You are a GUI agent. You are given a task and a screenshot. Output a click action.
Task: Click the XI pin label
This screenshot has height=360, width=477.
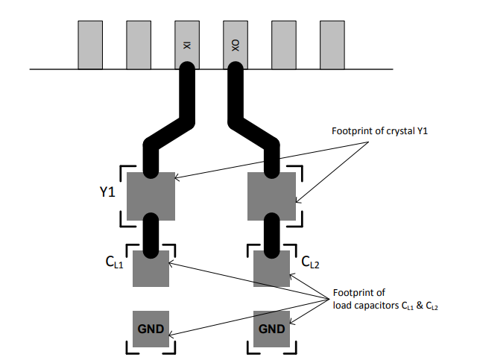[x=187, y=45]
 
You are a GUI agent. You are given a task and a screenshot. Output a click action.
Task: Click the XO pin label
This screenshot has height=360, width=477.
[x=236, y=45]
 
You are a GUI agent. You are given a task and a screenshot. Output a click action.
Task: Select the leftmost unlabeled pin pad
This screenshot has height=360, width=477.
[x=90, y=45]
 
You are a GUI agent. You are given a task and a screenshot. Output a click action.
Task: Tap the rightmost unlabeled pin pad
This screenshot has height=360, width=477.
[x=332, y=45]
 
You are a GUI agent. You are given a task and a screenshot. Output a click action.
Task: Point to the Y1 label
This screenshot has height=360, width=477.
[x=107, y=192]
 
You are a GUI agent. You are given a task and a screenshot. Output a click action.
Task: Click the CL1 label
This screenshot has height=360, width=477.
[x=114, y=262]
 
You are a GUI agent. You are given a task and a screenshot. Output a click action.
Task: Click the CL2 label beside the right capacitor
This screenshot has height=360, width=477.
[x=310, y=262]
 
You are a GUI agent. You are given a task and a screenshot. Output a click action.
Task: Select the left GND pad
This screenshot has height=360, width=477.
[x=151, y=329]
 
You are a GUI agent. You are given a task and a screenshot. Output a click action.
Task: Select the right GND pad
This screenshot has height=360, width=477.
[x=271, y=329]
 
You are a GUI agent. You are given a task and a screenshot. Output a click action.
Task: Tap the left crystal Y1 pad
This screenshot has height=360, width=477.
[x=151, y=196]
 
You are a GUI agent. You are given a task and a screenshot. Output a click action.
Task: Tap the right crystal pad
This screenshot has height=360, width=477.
[x=271, y=196]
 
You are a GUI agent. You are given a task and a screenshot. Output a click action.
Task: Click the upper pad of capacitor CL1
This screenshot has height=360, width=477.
[x=151, y=268]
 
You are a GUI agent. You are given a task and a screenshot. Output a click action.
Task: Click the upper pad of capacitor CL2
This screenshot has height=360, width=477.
[x=271, y=268]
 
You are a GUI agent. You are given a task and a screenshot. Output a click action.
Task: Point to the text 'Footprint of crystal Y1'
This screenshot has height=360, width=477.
[x=379, y=131]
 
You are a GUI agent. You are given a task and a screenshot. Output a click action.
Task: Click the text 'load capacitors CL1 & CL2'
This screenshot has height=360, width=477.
[x=385, y=306]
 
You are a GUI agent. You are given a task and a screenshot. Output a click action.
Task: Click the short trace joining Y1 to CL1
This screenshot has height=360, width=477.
[x=151, y=236]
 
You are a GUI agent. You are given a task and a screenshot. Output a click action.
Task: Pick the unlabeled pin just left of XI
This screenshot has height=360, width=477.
[x=139, y=45]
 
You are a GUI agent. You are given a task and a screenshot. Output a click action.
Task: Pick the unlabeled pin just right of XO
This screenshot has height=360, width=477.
[x=284, y=45]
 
